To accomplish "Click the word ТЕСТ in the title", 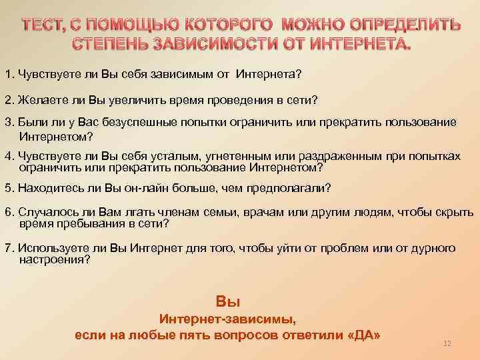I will [x=45, y=26].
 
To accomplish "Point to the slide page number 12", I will [x=447, y=343].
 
